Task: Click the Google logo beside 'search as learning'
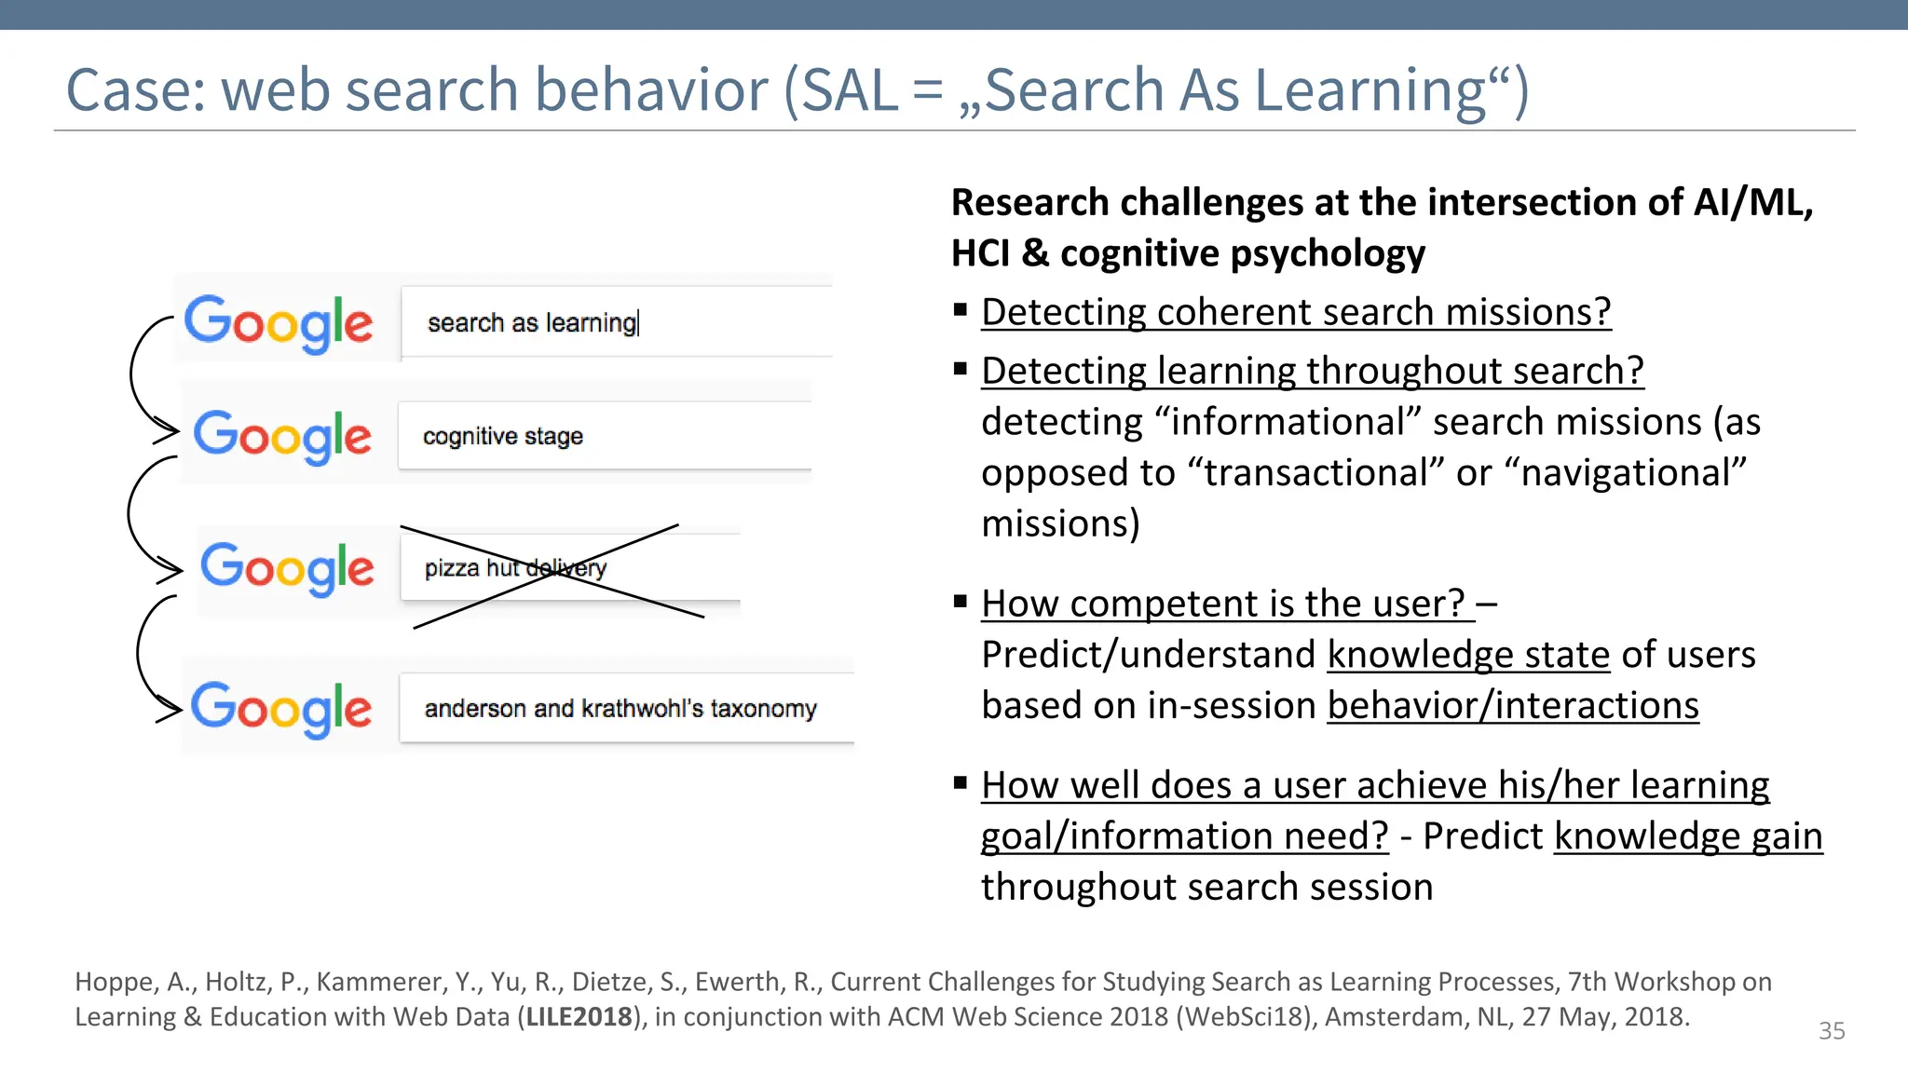(278, 322)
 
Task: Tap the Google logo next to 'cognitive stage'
(281, 436)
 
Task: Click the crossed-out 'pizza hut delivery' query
(515, 568)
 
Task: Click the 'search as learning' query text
(532, 323)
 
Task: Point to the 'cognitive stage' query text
(502, 436)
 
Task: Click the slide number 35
(1831, 1031)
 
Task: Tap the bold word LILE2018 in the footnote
(579, 1016)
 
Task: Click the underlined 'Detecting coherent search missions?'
(1295, 312)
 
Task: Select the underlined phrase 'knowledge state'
(1468, 655)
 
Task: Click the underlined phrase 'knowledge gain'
(1687, 835)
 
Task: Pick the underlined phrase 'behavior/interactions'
(1512, 706)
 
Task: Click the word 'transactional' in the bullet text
(1315, 473)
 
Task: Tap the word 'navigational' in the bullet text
(1632, 473)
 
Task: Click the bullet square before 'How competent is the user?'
(961, 602)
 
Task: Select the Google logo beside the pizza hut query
(287, 568)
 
